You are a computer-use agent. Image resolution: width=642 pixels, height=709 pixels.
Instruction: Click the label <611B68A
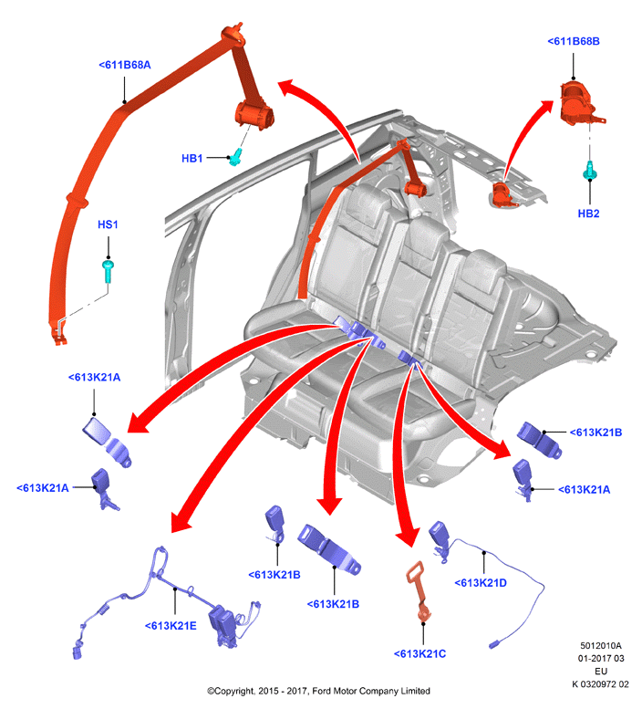click(125, 65)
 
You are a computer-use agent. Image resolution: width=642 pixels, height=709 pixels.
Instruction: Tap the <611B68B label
click(574, 41)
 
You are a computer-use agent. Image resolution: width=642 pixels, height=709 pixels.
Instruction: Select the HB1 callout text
click(192, 159)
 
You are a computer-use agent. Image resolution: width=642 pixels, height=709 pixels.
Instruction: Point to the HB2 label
click(588, 214)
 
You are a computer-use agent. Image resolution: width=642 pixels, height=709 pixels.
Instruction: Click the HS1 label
click(108, 224)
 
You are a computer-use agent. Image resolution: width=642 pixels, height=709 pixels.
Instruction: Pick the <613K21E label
click(171, 626)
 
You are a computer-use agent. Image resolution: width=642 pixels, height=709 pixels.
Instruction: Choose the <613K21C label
click(419, 654)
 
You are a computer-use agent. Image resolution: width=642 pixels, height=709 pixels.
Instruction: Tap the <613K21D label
click(481, 583)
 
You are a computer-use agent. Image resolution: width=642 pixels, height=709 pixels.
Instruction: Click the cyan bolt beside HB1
click(235, 156)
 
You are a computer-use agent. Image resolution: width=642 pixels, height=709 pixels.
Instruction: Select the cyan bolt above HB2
click(590, 171)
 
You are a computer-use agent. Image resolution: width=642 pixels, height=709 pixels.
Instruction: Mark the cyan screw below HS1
click(108, 271)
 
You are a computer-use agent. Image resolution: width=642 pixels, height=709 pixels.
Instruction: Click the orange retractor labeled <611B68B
click(580, 103)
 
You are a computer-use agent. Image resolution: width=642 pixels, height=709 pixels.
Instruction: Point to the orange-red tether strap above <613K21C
click(419, 591)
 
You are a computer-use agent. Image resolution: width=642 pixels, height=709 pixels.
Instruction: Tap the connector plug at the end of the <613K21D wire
click(494, 644)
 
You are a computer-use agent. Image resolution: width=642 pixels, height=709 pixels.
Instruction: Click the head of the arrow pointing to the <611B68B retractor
click(545, 107)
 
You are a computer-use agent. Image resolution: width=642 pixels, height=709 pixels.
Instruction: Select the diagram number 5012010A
click(600, 646)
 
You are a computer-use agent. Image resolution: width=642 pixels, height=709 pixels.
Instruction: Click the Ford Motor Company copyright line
click(318, 691)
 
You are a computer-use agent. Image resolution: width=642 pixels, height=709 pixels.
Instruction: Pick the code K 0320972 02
click(600, 684)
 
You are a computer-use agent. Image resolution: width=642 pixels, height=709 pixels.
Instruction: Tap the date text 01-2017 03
click(601, 659)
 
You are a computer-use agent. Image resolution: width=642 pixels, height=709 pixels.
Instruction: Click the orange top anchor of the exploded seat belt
click(233, 34)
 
